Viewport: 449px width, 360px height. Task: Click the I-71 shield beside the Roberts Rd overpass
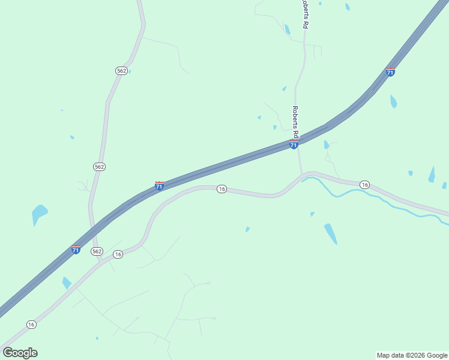294,145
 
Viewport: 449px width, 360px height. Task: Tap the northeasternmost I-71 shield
390,72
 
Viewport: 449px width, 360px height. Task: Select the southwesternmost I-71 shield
76,249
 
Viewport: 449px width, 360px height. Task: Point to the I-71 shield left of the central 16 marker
159,186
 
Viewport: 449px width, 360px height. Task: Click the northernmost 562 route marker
121,71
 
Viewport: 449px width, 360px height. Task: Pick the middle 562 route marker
100,166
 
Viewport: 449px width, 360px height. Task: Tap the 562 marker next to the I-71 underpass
97,251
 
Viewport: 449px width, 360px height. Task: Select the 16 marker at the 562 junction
118,254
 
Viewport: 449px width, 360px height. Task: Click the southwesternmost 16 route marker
31,324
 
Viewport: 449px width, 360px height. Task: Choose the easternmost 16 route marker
364,184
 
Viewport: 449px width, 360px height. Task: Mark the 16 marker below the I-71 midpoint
221,189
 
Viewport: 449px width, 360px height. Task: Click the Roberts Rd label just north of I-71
295,120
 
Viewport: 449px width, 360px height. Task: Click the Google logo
20,353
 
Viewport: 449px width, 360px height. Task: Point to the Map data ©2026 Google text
412,355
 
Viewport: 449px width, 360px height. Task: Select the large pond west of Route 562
39,213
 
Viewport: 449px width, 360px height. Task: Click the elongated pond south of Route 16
331,233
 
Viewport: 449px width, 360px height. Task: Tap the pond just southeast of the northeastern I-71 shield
393,101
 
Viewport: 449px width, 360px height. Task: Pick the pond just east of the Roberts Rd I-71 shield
327,145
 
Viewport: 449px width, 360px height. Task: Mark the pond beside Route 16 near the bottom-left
66,283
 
